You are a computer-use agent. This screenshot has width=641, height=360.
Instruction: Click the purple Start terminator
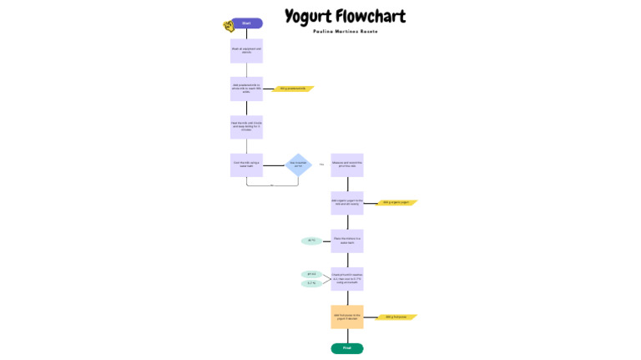tap(246, 23)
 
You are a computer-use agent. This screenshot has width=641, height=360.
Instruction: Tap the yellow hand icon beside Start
tap(228, 26)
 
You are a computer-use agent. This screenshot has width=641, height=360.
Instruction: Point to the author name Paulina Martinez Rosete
tap(345, 32)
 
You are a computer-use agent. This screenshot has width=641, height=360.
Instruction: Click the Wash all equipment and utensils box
tap(246, 50)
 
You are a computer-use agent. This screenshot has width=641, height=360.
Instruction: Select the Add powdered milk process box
tap(246, 88)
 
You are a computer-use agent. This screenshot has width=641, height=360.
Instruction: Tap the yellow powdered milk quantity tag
tap(292, 89)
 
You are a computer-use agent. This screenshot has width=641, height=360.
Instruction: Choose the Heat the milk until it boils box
tap(246, 127)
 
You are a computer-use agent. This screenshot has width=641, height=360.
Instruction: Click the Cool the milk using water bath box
tap(246, 165)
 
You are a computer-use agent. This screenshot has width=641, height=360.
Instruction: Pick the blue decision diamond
tap(299, 165)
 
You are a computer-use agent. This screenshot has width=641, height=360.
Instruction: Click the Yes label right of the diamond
tap(321, 165)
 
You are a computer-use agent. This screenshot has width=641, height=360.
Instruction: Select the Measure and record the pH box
tap(347, 165)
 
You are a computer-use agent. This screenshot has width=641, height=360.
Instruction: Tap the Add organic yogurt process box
tap(347, 202)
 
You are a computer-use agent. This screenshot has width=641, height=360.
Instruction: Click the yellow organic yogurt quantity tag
tap(397, 202)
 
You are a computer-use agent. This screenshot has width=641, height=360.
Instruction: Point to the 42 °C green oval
tap(311, 241)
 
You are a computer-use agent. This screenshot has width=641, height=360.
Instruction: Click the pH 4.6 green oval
tap(311, 274)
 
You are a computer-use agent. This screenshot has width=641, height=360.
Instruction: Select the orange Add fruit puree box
tap(347, 317)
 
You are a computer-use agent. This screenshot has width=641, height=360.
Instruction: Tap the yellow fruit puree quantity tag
tap(397, 317)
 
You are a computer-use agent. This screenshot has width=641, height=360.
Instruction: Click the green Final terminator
tap(347, 348)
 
